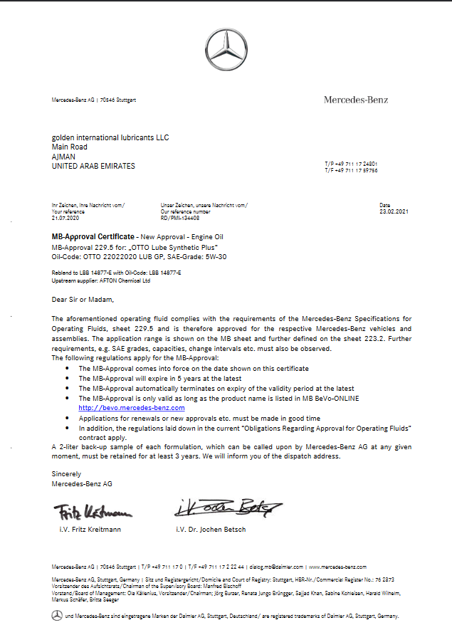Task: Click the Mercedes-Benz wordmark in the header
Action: (x=356, y=100)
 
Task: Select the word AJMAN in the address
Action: (x=63, y=157)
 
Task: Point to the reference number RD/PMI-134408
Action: (x=181, y=218)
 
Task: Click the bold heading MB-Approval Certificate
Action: (x=93, y=236)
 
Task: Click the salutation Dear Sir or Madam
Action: (x=83, y=300)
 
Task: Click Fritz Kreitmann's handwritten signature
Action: (x=93, y=511)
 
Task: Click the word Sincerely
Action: (x=66, y=473)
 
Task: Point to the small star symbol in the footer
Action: (x=57, y=616)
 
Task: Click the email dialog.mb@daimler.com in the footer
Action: (x=276, y=567)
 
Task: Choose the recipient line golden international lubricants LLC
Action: (x=110, y=137)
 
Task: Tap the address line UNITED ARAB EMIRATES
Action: (x=93, y=166)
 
